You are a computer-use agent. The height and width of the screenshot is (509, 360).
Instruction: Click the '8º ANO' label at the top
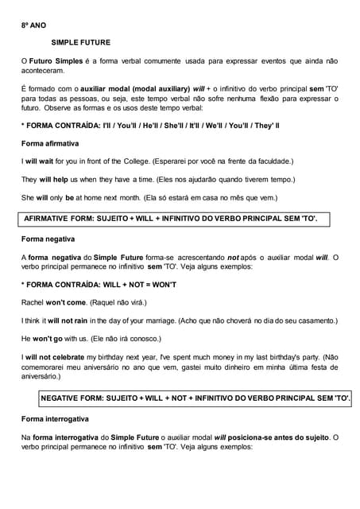(33, 25)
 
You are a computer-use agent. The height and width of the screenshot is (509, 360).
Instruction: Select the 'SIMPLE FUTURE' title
(81, 42)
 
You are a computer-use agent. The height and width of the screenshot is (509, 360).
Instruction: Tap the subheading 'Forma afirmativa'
(50, 143)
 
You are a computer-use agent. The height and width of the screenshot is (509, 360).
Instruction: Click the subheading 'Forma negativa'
(48, 239)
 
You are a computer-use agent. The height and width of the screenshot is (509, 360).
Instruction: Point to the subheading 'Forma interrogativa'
(55, 418)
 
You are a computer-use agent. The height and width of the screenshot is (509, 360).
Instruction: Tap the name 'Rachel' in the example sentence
(33, 302)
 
